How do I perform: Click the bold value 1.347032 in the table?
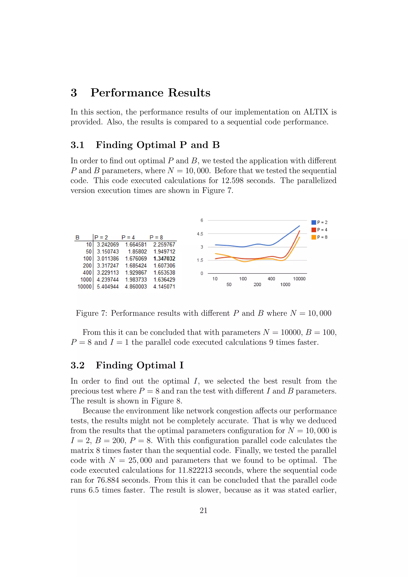coord(164,259)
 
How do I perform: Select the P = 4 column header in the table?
coord(128,237)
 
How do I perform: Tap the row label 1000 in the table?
coord(86,280)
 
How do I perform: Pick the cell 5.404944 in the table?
coord(108,287)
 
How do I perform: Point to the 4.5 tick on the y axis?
coord(200,234)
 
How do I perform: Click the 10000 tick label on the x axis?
coord(299,279)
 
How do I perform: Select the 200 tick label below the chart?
coord(257,285)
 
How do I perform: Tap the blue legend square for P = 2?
coord(314,222)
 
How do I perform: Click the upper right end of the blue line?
coord(299,226)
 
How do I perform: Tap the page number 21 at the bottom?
coord(203,510)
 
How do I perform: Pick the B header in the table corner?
coord(77,237)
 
